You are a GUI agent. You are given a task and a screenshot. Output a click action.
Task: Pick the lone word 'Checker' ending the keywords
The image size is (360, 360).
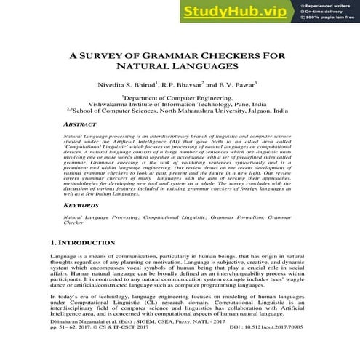75,225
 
